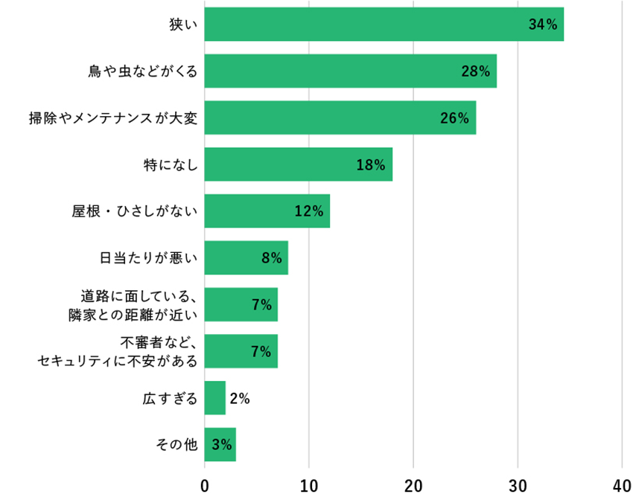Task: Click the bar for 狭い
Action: (x=384, y=25)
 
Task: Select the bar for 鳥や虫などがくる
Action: (x=350, y=71)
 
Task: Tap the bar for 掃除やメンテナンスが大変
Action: (x=340, y=118)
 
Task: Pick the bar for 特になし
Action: (x=298, y=164)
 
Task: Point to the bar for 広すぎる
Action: (x=214, y=398)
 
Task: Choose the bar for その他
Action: (x=220, y=445)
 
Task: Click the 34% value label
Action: (x=543, y=25)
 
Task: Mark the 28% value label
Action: (x=475, y=71)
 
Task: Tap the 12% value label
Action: (x=308, y=211)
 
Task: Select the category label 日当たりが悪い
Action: (x=149, y=258)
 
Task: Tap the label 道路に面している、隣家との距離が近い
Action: (x=133, y=305)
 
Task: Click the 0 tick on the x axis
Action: (x=205, y=485)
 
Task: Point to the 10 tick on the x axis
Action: (x=309, y=485)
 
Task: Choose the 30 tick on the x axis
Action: (x=518, y=485)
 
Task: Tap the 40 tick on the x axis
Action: (x=622, y=485)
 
